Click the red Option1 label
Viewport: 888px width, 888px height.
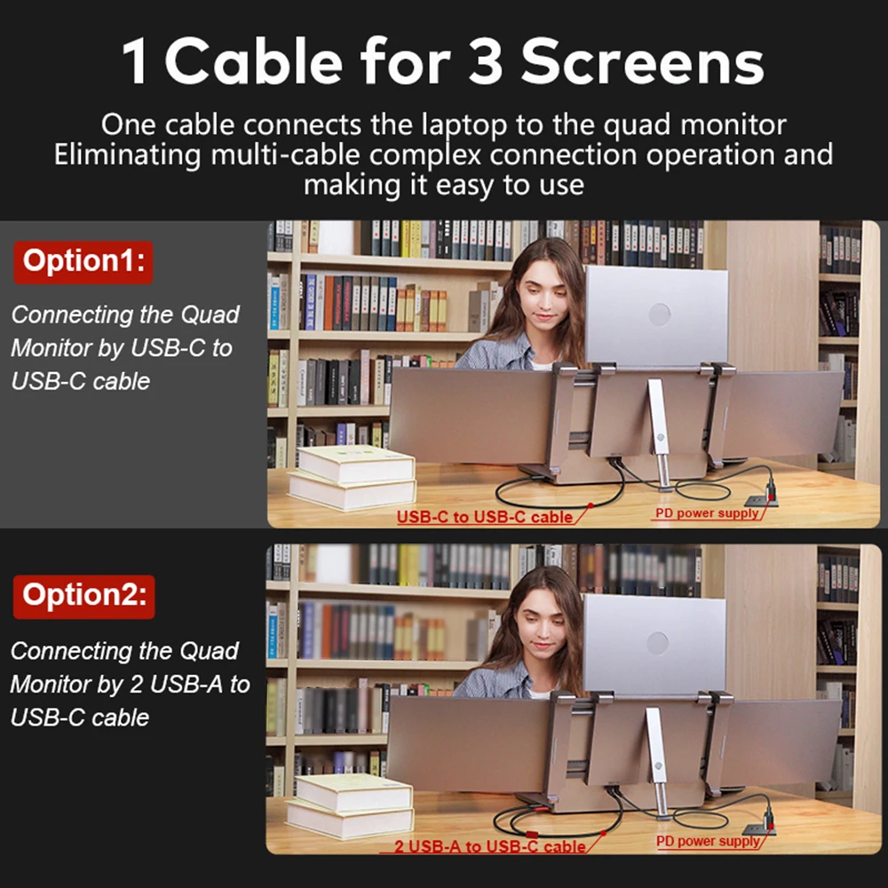pos(83,261)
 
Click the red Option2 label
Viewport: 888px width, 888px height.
pos(83,596)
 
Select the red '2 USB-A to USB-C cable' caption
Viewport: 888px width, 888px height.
pos(489,846)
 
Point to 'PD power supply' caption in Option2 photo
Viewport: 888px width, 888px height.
pos(708,841)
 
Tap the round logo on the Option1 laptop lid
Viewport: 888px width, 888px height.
pos(659,313)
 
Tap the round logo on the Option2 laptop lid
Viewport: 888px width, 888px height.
pos(657,642)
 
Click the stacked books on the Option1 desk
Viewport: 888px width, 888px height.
pos(353,477)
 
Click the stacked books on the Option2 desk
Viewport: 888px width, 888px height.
pos(351,805)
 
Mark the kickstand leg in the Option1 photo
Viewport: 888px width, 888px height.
pos(659,431)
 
